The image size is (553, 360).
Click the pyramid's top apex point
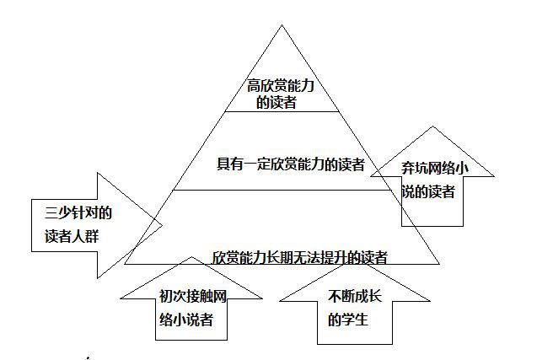(x=282, y=25)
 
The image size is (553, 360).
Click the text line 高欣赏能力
(x=281, y=86)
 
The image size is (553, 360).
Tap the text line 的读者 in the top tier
(x=276, y=102)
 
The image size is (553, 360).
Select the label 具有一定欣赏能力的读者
(x=290, y=164)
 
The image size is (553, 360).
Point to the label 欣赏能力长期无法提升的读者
(x=299, y=257)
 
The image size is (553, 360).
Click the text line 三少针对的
(x=78, y=212)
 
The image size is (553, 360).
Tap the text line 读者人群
(x=72, y=236)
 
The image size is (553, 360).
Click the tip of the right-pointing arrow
(x=162, y=225)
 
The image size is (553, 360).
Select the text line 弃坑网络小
(x=435, y=168)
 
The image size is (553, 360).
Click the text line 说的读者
(x=428, y=192)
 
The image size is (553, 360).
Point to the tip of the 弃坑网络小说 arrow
(x=433, y=126)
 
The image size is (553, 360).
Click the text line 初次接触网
(x=192, y=296)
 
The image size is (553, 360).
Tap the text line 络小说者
(x=185, y=320)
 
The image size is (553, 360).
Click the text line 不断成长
(x=354, y=296)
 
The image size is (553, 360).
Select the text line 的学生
(x=348, y=320)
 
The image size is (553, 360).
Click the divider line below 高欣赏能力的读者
(x=282, y=112)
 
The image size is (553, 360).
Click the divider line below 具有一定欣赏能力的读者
(x=282, y=190)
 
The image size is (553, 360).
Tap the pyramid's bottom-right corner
(x=439, y=264)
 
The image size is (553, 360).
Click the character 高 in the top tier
(x=254, y=86)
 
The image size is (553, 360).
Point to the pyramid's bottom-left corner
(x=125, y=264)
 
